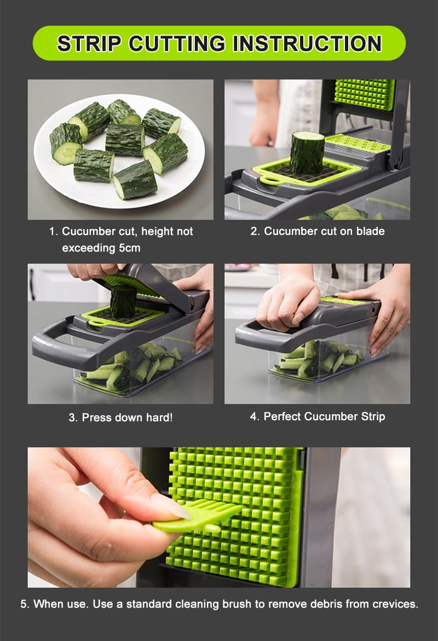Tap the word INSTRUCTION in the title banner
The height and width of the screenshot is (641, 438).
point(307,43)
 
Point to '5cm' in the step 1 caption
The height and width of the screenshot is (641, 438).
point(129,248)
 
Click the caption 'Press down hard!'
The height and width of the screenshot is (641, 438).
point(120,417)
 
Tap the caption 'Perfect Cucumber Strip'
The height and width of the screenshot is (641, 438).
point(318,416)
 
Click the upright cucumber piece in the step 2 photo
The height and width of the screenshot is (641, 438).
point(307,152)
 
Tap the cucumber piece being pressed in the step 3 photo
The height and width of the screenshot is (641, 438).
point(123,301)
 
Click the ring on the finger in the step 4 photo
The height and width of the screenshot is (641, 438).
point(400,325)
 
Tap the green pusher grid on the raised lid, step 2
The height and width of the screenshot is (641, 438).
point(365,94)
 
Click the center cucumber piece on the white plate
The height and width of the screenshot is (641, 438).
point(125,140)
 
